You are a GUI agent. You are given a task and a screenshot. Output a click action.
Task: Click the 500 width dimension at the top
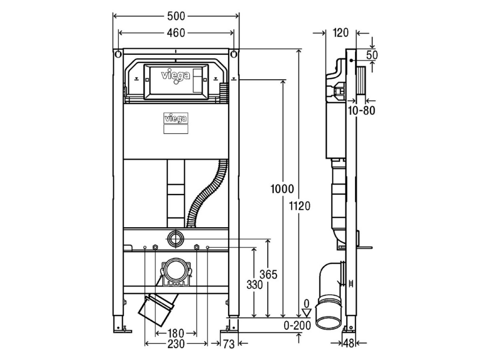click(x=176, y=16)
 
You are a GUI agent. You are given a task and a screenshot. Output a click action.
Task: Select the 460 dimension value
click(x=176, y=33)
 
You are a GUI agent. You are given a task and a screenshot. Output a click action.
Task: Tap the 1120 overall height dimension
click(x=300, y=206)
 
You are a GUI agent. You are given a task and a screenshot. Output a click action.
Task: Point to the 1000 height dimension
click(x=282, y=189)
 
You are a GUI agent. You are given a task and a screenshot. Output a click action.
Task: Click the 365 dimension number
click(x=268, y=274)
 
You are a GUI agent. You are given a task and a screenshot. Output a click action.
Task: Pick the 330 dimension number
click(x=255, y=285)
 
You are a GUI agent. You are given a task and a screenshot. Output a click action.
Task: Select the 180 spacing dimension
click(x=176, y=334)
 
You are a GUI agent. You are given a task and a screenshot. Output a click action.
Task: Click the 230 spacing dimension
click(x=176, y=344)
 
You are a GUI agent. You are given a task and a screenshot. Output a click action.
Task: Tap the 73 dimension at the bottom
click(x=229, y=344)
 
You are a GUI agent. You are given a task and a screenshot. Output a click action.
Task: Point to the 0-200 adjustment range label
click(x=297, y=326)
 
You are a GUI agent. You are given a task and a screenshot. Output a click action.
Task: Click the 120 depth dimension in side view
click(x=341, y=33)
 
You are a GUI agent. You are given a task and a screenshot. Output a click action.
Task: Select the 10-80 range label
click(x=361, y=111)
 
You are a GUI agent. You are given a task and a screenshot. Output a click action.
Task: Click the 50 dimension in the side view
click(x=372, y=55)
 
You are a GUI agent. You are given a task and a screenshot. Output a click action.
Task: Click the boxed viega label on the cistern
click(x=176, y=118)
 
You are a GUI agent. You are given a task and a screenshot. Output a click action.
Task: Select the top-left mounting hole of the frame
click(x=118, y=54)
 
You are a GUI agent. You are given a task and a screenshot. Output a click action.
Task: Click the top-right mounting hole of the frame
click(x=234, y=54)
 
